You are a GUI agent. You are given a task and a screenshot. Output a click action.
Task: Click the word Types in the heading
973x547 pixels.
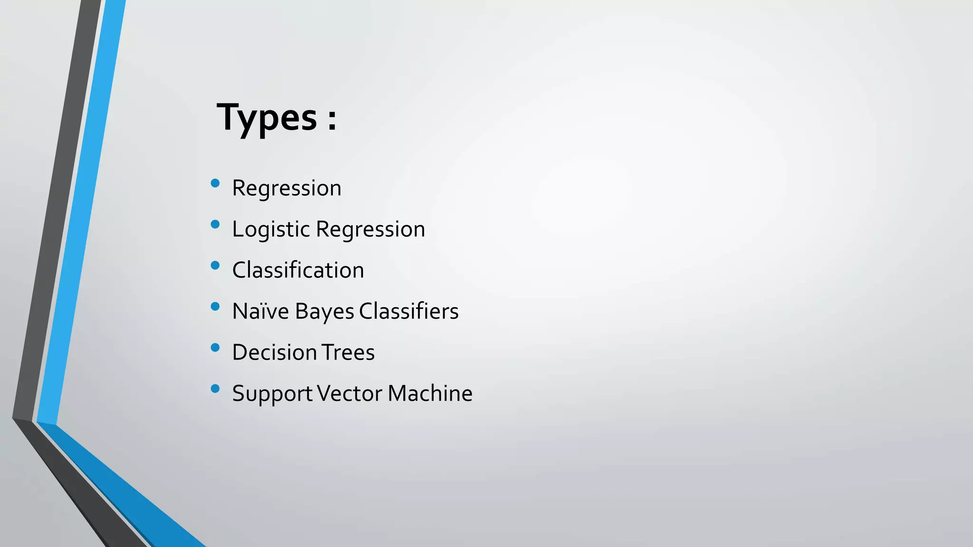[x=267, y=118]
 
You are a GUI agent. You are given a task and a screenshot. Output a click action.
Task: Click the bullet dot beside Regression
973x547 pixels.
[x=215, y=183]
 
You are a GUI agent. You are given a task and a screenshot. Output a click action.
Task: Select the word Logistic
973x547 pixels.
[x=271, y=230]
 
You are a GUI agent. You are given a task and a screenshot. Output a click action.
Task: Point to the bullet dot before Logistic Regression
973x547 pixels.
[x=215, y=225]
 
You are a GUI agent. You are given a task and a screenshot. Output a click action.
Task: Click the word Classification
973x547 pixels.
[x=298, y=270]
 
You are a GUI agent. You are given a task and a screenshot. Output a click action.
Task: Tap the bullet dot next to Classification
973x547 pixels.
[x=215, y=265]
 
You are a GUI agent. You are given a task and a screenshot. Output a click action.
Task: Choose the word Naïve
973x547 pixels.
[x=260, y=311]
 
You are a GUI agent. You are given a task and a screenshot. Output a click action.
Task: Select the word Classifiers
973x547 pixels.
[x=409, y=311]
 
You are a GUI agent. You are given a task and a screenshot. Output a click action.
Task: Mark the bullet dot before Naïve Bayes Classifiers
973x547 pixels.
[x=215, y=307]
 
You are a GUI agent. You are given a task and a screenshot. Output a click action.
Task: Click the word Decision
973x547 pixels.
[x=275, y=352]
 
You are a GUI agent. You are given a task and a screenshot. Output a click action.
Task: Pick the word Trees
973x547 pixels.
[x=348, y=352]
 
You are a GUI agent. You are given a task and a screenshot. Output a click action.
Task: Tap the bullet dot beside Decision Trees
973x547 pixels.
[x=215, y=348]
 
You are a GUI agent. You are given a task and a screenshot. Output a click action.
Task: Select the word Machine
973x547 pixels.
[x=430, y=394]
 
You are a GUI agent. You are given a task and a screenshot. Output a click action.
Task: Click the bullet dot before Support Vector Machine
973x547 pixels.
[x=215, y=389]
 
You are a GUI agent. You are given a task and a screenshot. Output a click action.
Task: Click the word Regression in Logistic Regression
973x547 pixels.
[x=370, y=230]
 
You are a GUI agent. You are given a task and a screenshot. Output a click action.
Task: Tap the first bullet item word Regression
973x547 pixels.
[x=286, y=189]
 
